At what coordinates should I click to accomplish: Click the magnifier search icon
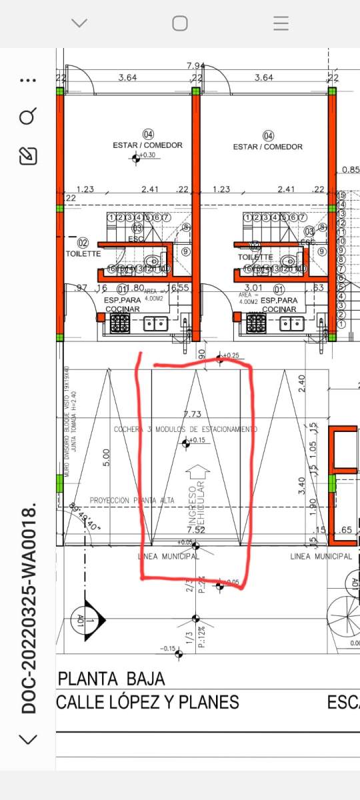pos(27,118)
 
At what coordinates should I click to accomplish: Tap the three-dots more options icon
pos(27,81)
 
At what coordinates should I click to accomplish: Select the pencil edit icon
pos(27,156)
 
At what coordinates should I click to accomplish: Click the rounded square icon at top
pos(180,23)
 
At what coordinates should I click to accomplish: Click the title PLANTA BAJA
pos(112,679)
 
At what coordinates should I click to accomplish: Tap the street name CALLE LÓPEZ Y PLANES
pos(147,702)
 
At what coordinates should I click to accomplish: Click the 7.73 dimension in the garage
pos(192,415)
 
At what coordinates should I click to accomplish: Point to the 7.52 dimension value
pos(195,530)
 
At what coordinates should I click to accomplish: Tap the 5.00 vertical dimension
pos(107,457)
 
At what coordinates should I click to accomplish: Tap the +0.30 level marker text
pos(147,155)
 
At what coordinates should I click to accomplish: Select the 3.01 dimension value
pos(251,288)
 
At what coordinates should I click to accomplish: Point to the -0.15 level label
pos(167,649)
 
